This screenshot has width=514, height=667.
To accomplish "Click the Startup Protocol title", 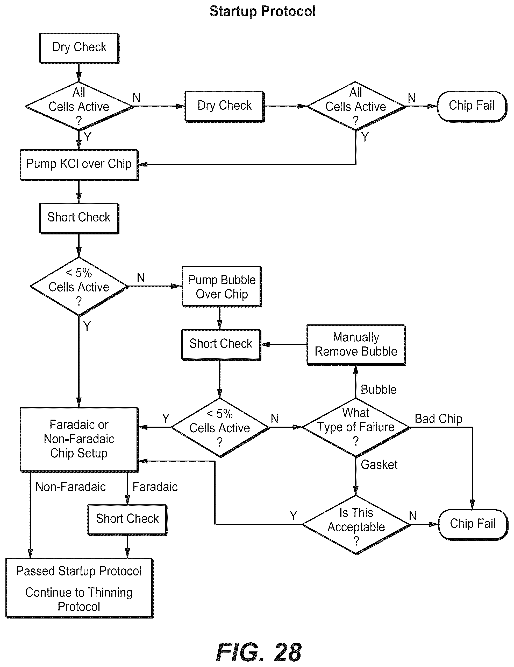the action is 263,12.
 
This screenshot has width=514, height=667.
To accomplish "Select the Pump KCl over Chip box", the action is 79,165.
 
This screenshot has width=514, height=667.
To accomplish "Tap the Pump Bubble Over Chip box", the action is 222,287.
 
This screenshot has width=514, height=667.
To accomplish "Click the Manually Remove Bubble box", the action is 356,345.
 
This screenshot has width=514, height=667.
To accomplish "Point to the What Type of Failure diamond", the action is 356,427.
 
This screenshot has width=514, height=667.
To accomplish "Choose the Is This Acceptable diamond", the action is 356,525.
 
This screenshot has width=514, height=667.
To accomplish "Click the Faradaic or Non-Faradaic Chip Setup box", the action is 79,440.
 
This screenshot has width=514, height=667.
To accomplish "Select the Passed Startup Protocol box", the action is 79,588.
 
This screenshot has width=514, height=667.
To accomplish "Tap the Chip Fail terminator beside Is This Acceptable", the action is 473,524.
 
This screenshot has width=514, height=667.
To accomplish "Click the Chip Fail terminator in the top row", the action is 472,106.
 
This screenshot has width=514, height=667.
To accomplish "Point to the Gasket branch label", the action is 379,464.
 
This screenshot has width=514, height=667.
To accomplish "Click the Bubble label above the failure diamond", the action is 379,390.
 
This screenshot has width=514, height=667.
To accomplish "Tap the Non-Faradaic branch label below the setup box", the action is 70,487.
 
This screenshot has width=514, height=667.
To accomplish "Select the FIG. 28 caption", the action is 259,652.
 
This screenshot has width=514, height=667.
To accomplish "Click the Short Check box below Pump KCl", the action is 79,218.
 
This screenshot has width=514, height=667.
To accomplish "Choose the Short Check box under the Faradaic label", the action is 127,520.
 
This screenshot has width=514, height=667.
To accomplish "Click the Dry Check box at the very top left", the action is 79,48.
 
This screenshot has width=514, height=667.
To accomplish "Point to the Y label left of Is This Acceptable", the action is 293,516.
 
